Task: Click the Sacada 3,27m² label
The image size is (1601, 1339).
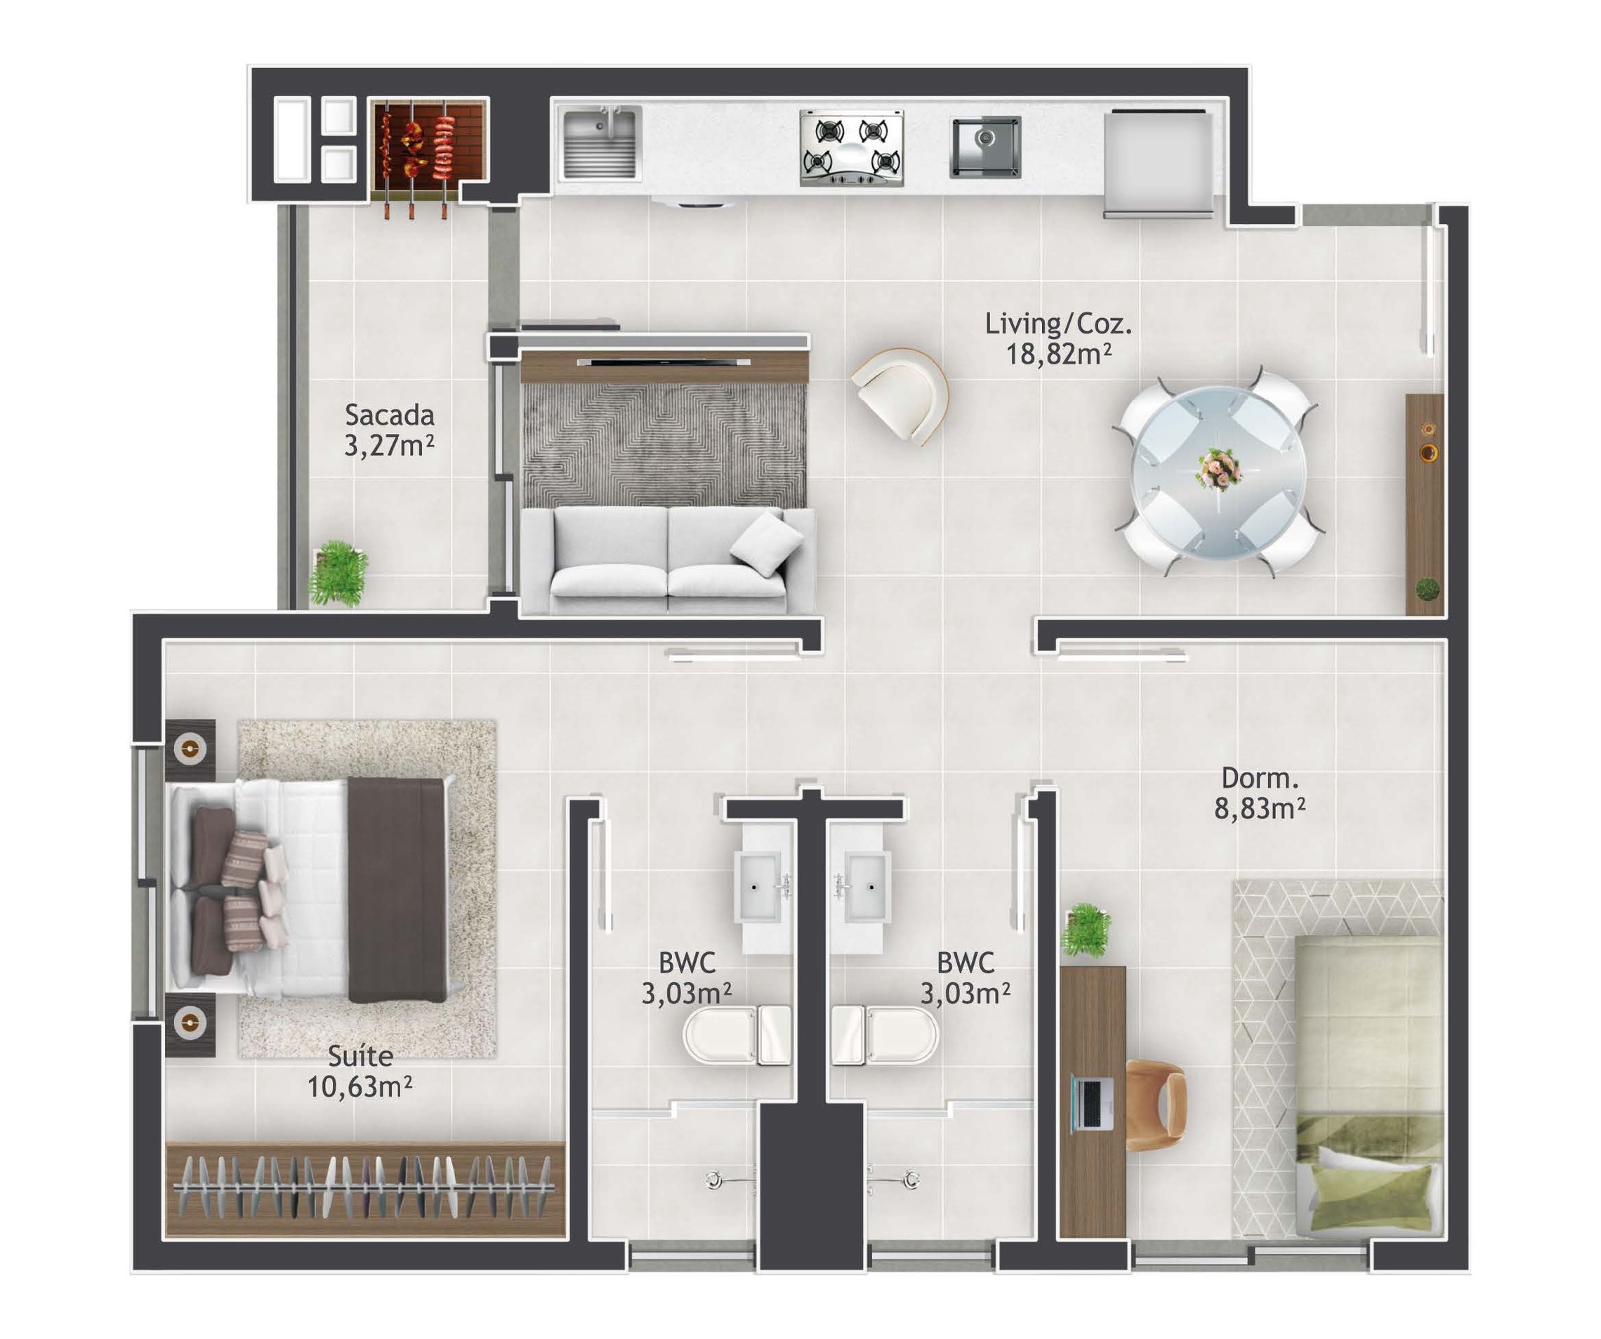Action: (x=389, y=430)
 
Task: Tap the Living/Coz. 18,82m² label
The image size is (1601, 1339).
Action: (x=1058, y=338)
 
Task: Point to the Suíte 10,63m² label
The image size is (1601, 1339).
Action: (x=360, y=1071)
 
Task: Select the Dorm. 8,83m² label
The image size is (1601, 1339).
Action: (x=1260, y=793)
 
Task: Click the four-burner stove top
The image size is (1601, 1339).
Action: (x=852, y=148)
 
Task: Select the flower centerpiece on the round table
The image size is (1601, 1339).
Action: (x=1218, y=468)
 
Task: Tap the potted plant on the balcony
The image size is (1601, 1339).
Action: (x=338, y=573)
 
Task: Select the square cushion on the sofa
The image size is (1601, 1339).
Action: (x=766, y=543)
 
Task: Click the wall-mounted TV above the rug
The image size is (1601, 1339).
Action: (x=664, y=363)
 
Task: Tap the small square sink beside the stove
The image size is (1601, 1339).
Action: (x=986, y=147)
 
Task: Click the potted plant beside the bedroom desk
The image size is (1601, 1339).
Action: (x=1086, y=930)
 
